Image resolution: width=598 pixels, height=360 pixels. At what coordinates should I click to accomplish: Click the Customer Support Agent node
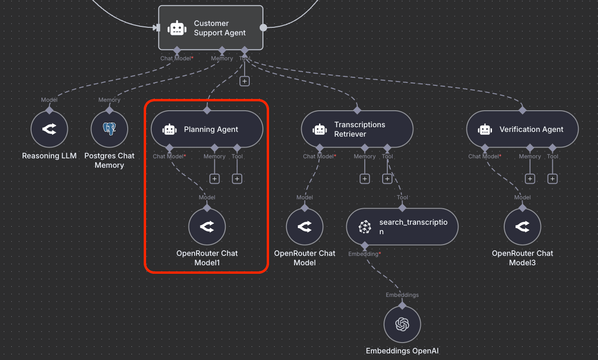pyautogui.click(x=210, y=28)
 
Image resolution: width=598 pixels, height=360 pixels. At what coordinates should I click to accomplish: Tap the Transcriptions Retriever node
pyautogui.click(x=357, y=129)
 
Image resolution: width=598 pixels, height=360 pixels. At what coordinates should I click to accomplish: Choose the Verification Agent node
pyautogui.click(x=522, y=129)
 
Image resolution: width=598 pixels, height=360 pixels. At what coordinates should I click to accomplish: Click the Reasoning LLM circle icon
pyautogui.click(x=49, y=129)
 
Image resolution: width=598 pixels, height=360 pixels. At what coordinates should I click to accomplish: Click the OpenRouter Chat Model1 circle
pyautogui.click(x=207, y=227)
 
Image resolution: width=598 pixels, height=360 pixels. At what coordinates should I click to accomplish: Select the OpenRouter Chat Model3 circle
pyautogui.click(x=522, y=227)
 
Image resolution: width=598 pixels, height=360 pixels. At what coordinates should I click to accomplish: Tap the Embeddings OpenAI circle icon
pyautogui.click(x=402, y=324)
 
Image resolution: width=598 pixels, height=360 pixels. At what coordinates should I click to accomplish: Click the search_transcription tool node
pyautogui.click(x=402, y=227)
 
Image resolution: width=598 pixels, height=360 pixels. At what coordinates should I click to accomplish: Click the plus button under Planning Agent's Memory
pyautogui.click(x=214, y=179)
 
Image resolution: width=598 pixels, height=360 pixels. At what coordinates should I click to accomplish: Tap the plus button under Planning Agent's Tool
pyautogui.click(x=237, y=179)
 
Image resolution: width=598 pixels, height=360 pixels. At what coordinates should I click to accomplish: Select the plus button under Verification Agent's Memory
pyautogui.click(x=530, y=179)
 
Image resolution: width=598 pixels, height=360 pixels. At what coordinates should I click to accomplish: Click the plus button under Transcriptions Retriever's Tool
pyautogui.click(x=387, y=179)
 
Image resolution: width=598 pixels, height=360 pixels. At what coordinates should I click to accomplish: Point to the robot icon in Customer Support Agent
pyautogui.click(x=177, y=28)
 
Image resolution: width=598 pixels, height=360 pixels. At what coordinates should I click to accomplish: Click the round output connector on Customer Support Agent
pyautogui.click(x=263, y=28)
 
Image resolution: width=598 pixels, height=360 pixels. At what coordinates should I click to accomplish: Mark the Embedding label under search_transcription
pyautogui.click(x=364, y=254)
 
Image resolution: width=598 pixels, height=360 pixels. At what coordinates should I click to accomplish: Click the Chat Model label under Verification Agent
pyautogui.click(x=484, y=156)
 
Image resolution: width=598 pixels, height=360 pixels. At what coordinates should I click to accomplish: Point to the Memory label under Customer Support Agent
pyautogui.click(x=222, y=58)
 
